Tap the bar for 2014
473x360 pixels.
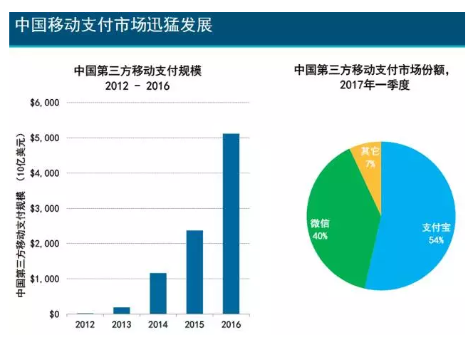click(x=158, y=293)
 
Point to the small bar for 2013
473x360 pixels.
click(x=122, y=310)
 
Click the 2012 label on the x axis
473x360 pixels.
click(x=85, y=325)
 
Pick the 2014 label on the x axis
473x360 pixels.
click(x=158, y=325)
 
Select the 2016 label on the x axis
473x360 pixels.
click(x=231, y=325)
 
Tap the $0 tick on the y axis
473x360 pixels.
click(x=53, y=314)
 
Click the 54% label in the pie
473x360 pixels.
click(x=436, y=240)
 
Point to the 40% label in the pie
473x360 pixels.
click(x=319, y=235)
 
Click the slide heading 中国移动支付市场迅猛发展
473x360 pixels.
click(x=114, y=25)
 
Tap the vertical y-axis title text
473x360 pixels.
click(x=22, y=214)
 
